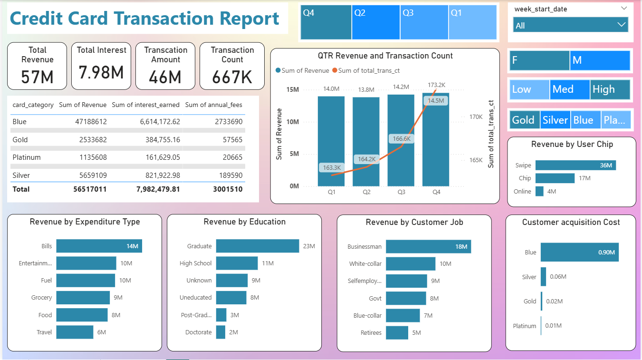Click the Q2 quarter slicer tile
[375, 22]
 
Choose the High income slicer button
[610, 89]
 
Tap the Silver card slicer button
[555, 120]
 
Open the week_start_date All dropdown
[570, 25]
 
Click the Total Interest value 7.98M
[101, 73]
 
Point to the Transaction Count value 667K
[232, 77]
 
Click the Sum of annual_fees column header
[214, 105]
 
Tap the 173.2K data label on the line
[436, 85]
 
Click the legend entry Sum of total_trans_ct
[368, 70]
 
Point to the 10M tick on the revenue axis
[293, 122]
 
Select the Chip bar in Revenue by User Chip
[555, 178]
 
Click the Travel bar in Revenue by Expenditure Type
[75, 332]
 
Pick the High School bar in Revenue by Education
[237, 263]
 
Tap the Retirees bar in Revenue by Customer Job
[397, 332]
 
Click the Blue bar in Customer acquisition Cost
[579, 253]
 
